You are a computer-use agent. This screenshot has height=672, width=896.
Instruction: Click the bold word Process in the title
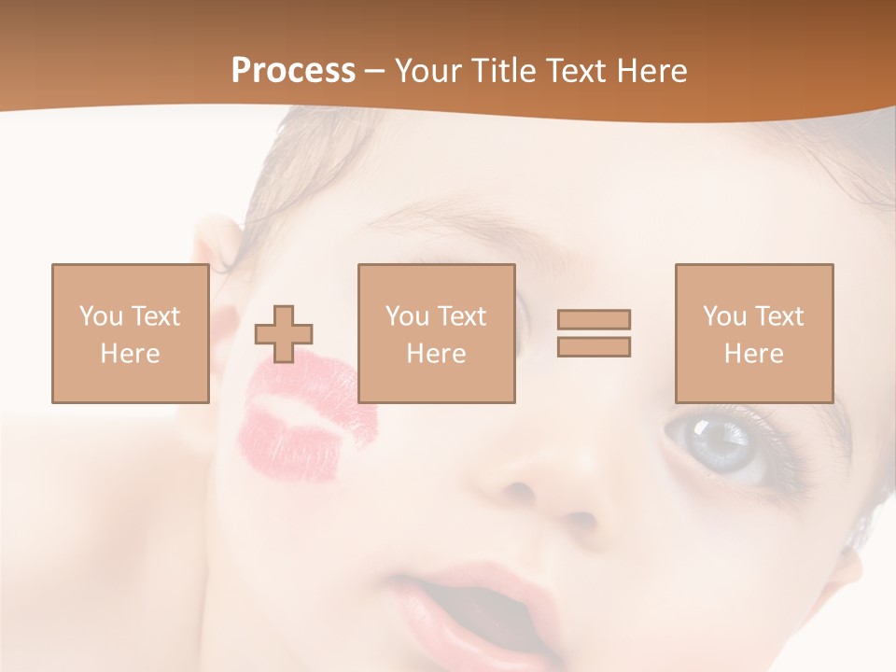pos(293,71)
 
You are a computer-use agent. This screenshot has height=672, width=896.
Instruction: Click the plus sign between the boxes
pos(284,334)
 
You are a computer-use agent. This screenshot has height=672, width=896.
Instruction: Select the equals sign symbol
pos(594,333)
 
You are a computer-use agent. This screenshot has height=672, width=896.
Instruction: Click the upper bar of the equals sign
pos(594,319)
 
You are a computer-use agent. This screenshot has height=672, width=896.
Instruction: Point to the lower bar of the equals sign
pos(594,347)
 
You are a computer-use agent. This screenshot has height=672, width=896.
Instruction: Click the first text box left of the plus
pos(130,333)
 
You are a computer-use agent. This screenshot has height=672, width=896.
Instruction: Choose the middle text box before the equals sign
pos(436,333)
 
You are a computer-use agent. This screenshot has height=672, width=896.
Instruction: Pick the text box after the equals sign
pos(753,333)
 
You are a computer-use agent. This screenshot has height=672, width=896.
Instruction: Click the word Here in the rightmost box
pos(753,354)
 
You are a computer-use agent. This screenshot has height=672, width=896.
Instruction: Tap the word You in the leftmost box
pos(101,316)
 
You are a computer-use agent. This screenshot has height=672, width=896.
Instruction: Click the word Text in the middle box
pos(461,316)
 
